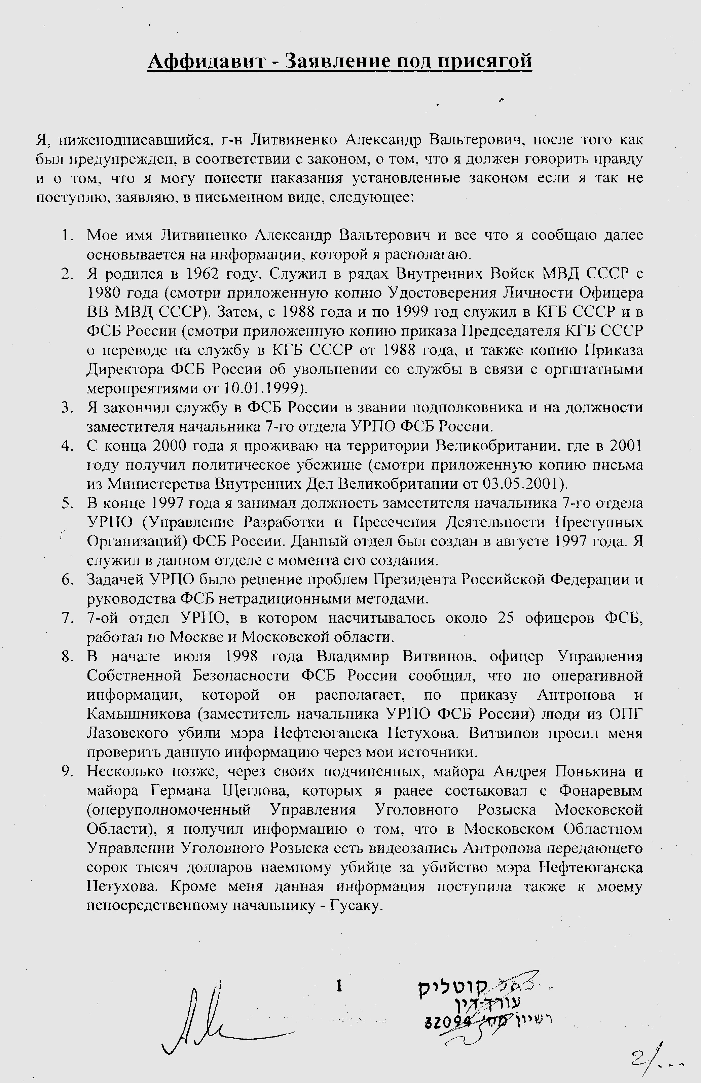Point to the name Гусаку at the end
click(354, 906)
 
